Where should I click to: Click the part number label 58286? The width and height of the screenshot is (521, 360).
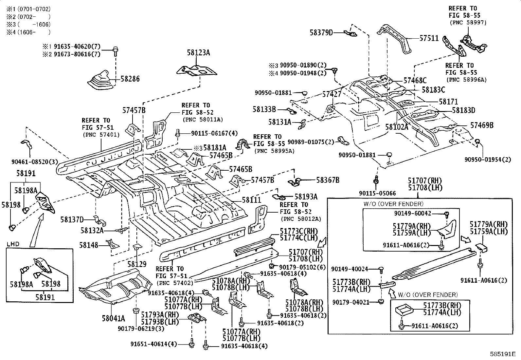(130, 79)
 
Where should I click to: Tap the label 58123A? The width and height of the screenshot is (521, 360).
(198, 53)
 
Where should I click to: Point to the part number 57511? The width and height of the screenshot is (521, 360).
(429, 38)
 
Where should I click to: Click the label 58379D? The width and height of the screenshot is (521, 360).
(321, 33)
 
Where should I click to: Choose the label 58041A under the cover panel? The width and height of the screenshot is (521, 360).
(113, 318)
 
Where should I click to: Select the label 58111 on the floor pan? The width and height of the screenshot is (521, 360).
(251, 200)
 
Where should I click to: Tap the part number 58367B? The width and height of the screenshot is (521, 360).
(328, 180)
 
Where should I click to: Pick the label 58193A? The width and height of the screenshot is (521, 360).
(306, 197)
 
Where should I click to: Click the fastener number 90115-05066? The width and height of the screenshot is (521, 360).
(377, 193)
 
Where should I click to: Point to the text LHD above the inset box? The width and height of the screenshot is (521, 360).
(13, 244)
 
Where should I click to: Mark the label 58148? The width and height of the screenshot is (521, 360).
(89, 245)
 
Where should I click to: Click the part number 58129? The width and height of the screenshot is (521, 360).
(137, 264)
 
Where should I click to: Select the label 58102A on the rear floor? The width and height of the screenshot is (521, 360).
(397, 127)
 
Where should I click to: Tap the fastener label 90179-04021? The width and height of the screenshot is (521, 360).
(351, 302)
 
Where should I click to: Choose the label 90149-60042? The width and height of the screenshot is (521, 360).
(413, 213)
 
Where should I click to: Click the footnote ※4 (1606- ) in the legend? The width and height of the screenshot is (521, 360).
(28, 32)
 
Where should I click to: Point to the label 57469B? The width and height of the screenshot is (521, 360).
(482, 125)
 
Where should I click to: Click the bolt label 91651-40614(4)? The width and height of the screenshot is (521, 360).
(154, 344)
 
